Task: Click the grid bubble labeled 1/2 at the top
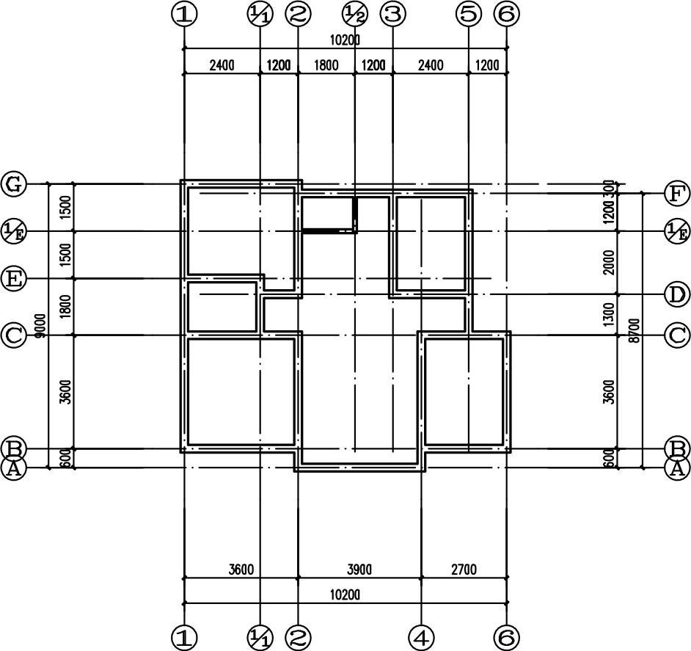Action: click(x=355, y=14)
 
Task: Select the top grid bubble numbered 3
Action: click(x=392, y=14)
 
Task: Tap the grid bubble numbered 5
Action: click(x=468, y=14)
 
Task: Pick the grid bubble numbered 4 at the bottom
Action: click(x=421, y=636)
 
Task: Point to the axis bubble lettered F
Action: click(x=676, y=194)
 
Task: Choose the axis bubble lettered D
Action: click(x=676, y=295)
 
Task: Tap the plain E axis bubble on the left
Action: click(x=14, y=279)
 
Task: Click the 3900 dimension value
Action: click(x=359, y=570)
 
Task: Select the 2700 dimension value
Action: click(x=464, y=570)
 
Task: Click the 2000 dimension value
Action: click(x=609, y=263)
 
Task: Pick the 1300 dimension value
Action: click(x=609, y=314)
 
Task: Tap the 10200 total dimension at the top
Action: click(x=345, y=40)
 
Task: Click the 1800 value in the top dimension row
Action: click(x=326, y=65)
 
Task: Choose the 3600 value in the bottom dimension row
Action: click(x=241, y=570)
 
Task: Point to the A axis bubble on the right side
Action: click(x=676, y=468)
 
